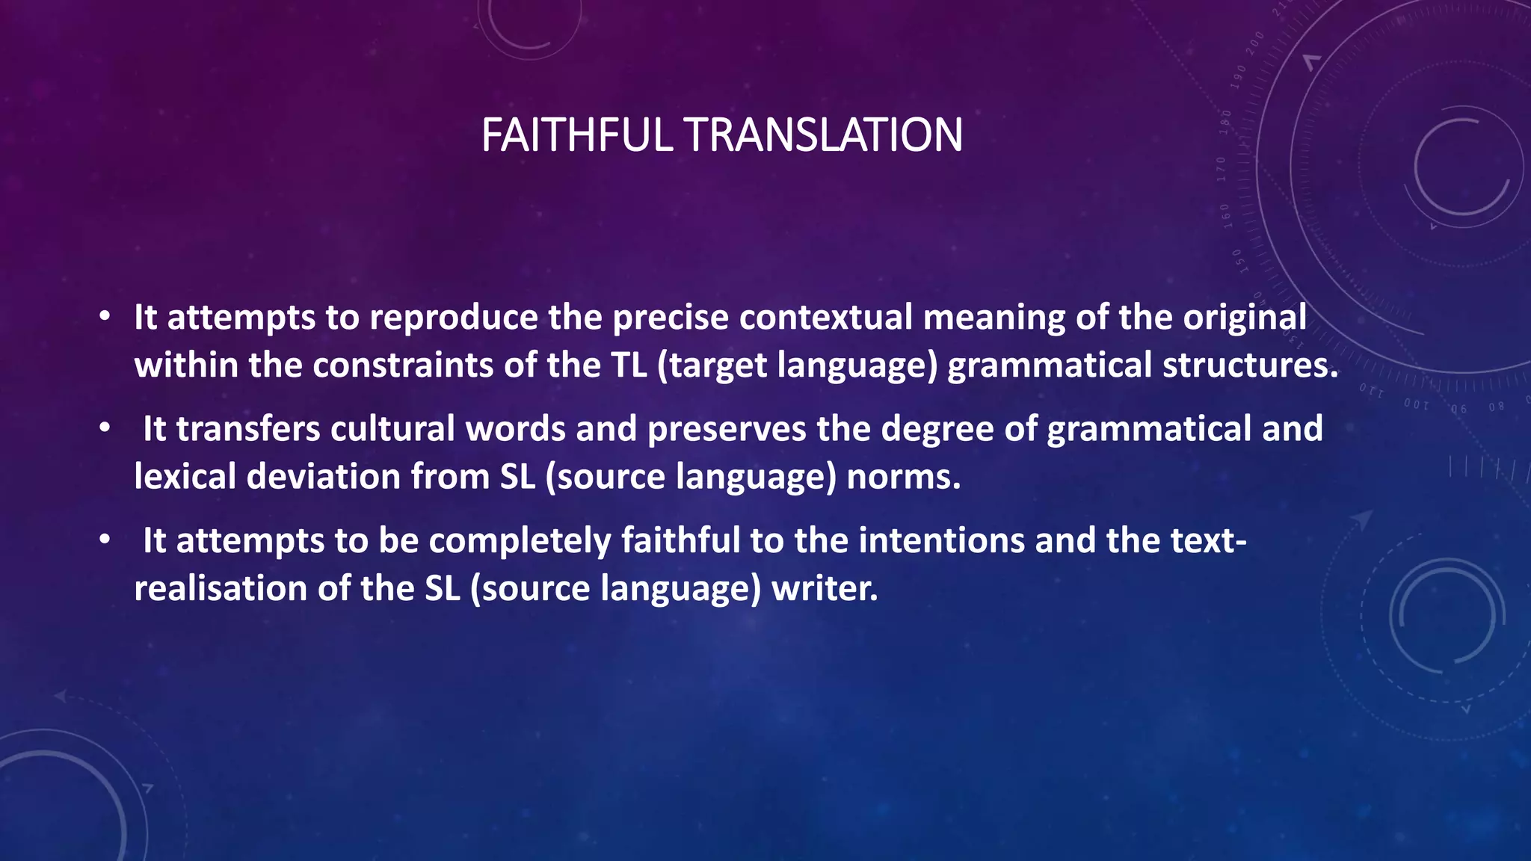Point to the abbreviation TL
(629, 365)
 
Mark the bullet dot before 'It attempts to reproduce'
(105, 317)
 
